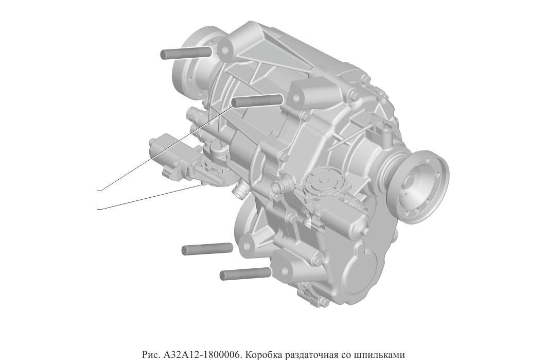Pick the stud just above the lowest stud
207,249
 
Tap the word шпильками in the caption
375,354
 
